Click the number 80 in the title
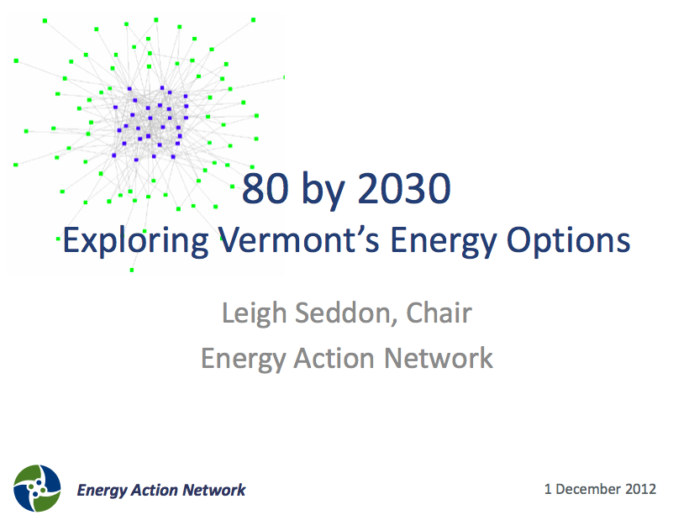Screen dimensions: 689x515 click(265, 188)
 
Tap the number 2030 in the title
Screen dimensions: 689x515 click(404, 188)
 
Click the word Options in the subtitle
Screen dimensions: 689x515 click(568, 241)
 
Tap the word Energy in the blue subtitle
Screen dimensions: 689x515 click(444, 241)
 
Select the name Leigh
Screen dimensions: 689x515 click(255, 313)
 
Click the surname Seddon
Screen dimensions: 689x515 click(346, 313)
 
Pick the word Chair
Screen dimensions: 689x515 click(439, 313)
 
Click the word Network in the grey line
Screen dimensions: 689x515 click(439, 358)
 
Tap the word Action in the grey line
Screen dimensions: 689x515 click(334, 358)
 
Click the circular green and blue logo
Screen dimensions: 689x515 click(37, 488)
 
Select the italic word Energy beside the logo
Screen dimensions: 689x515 click(102, 491)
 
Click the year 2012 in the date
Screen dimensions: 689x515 click(640, 489)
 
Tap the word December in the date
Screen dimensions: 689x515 click(589, 489)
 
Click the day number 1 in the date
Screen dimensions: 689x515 click(548, 489)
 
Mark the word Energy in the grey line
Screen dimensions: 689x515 click(244, 359)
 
